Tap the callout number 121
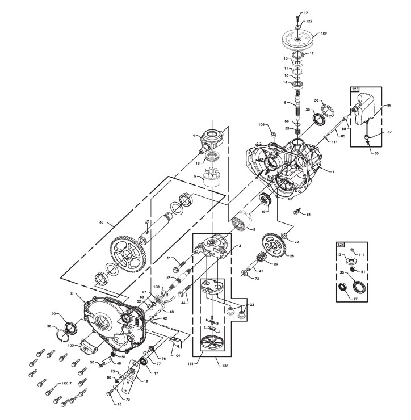307,12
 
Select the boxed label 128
356,89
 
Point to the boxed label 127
341,244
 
